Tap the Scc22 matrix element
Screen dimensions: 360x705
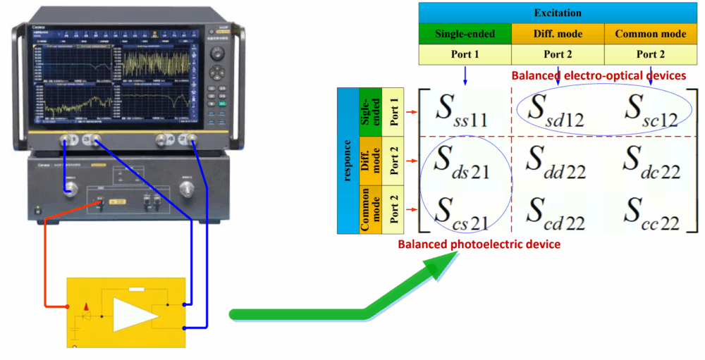650,211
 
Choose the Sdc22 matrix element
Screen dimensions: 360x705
650,166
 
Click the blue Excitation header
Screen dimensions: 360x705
558,13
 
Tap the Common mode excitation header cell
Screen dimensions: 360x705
650,34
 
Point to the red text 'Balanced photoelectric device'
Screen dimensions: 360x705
479,244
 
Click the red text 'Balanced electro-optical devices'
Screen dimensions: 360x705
599,75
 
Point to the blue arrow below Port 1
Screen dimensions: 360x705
465,75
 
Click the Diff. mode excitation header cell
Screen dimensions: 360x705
558,34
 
